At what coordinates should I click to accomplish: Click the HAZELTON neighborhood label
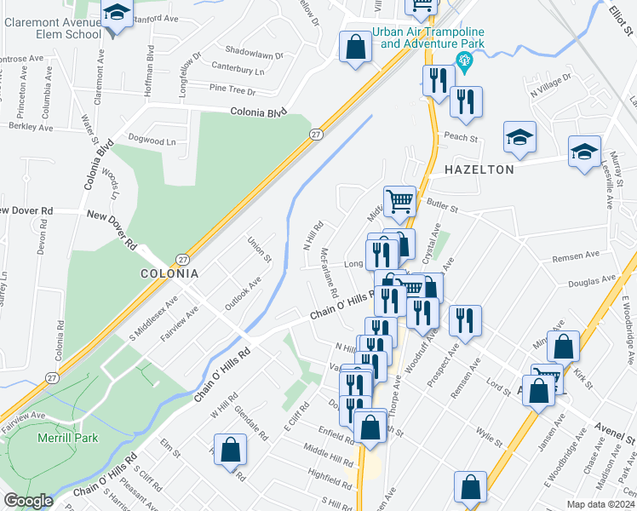point(479,169)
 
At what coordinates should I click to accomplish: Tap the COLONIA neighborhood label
point(169,274)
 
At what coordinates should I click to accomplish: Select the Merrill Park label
point(67,438)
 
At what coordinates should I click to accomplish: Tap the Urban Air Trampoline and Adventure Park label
point(428,37)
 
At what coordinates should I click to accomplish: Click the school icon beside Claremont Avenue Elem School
point(115,14)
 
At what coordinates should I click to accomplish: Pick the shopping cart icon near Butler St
point(399,202)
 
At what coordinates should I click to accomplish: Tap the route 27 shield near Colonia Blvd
point(315,135)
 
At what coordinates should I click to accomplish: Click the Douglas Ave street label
point(597,279)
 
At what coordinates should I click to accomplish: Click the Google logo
point(28,501)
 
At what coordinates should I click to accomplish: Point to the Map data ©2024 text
point(600,504)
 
